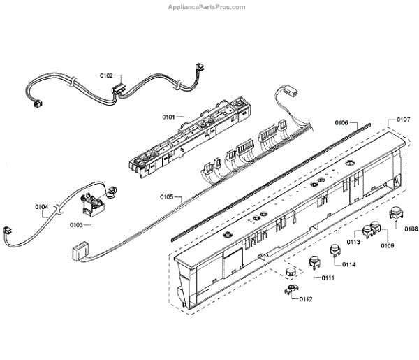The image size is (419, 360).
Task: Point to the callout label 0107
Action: click(403, 120)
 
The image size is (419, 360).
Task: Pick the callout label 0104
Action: click(42, 207)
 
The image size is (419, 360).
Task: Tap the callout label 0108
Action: click(411, 229)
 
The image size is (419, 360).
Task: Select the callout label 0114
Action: click(349, 264)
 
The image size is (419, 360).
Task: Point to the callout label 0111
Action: click(328, 278)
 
